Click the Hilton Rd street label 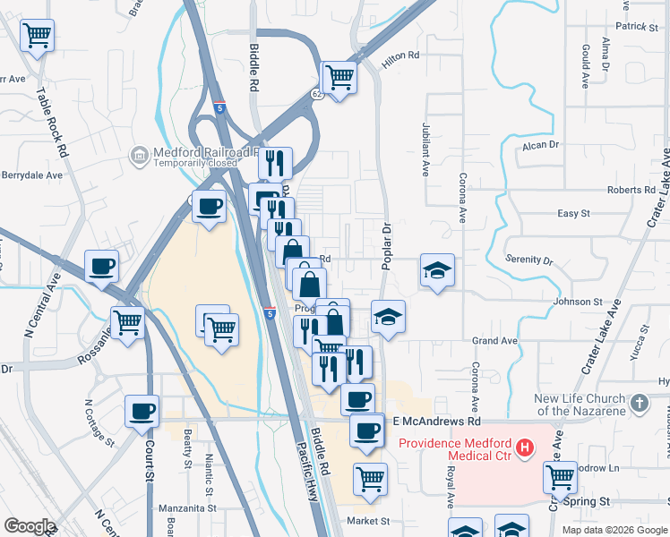point(400,55)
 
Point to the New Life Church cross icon point(640,404)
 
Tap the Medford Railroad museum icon point(139,157)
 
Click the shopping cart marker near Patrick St point(37,36)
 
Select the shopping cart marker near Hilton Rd point(339,78)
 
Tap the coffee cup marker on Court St point(142,412)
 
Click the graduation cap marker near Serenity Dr point(437,270)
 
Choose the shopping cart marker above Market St point(370,479)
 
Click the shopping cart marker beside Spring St point(560,477)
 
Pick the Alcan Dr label point(541,144)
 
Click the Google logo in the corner point(29,526)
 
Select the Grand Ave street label point(495,341)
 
